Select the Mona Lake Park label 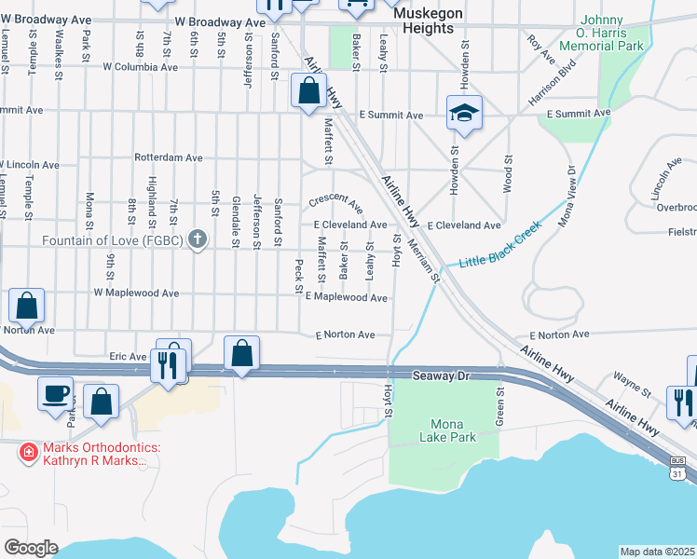pyautogui.click(x=445, y=430)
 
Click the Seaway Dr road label pyautogui.click(x=443, y=375)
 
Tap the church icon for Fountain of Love pyautogui.click(x=197, y=239)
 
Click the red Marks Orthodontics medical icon pyautogui.click(x=29, y=452)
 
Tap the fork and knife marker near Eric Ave pyautogui.click(x=168, y=363)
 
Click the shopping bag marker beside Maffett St pyautogui.click(x=307, y=92)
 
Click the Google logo pyautogui.click(x=31, y=547)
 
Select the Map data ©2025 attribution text pyautogui.click(x=658, y=552)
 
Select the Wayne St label pyautogui.click(x=631, y=379)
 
